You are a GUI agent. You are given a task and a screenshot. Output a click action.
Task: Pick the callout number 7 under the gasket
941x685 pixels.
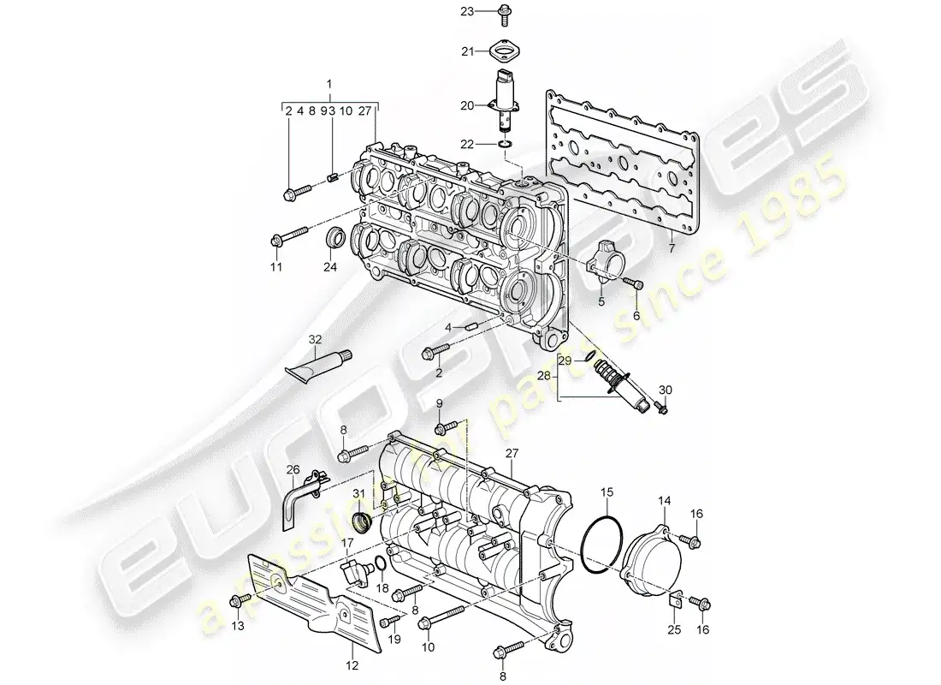point(672,248)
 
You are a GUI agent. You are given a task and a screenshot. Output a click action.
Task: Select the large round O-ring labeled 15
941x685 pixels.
point(601,543)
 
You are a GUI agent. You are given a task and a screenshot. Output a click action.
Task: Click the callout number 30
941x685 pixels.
point(666,390)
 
